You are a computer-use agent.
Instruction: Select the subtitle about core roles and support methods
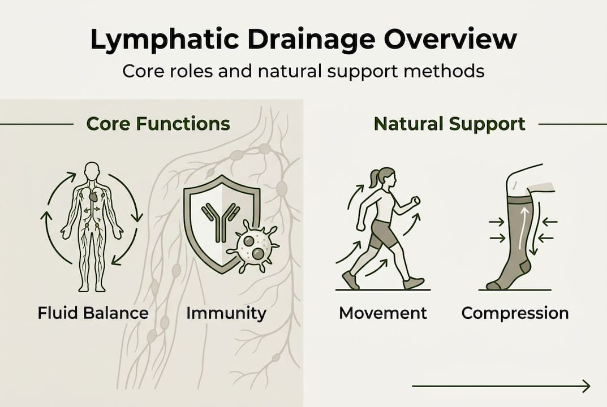(303, 72)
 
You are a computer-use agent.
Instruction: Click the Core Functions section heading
(158, 123)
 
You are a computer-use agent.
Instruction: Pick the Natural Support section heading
(449, 123)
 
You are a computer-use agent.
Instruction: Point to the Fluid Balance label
(93, 313)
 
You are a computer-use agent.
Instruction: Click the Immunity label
(226, 313)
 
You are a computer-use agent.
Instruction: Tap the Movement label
(383, 313)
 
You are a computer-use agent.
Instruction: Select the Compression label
(515, 313)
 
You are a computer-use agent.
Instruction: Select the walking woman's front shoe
(414, 282)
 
